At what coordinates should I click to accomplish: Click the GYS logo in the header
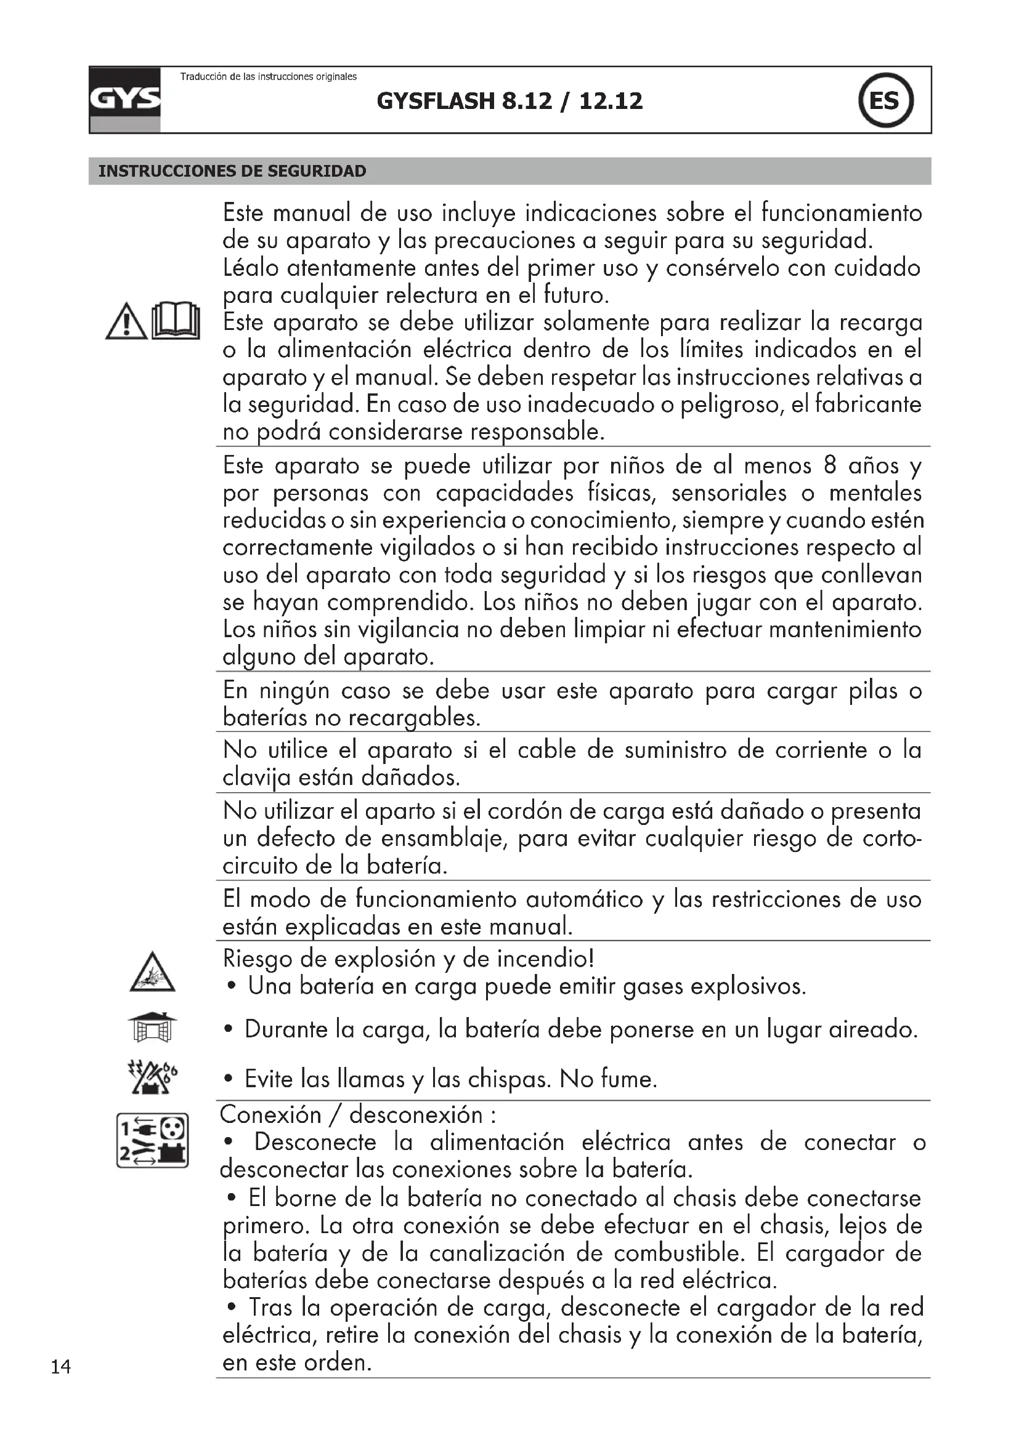125,100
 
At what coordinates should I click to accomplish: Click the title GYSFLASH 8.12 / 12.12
509,101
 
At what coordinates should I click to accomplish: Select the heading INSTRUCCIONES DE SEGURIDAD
232,171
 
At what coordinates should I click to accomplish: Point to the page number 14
61,1367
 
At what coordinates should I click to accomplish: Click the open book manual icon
176,321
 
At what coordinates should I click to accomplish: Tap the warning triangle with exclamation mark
126,322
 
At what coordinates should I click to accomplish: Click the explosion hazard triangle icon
152,973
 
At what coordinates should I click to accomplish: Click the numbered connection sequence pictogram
152,1140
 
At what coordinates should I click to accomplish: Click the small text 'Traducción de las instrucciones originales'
269,76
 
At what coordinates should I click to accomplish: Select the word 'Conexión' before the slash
270,1114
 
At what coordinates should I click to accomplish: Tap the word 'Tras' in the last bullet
270,1307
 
